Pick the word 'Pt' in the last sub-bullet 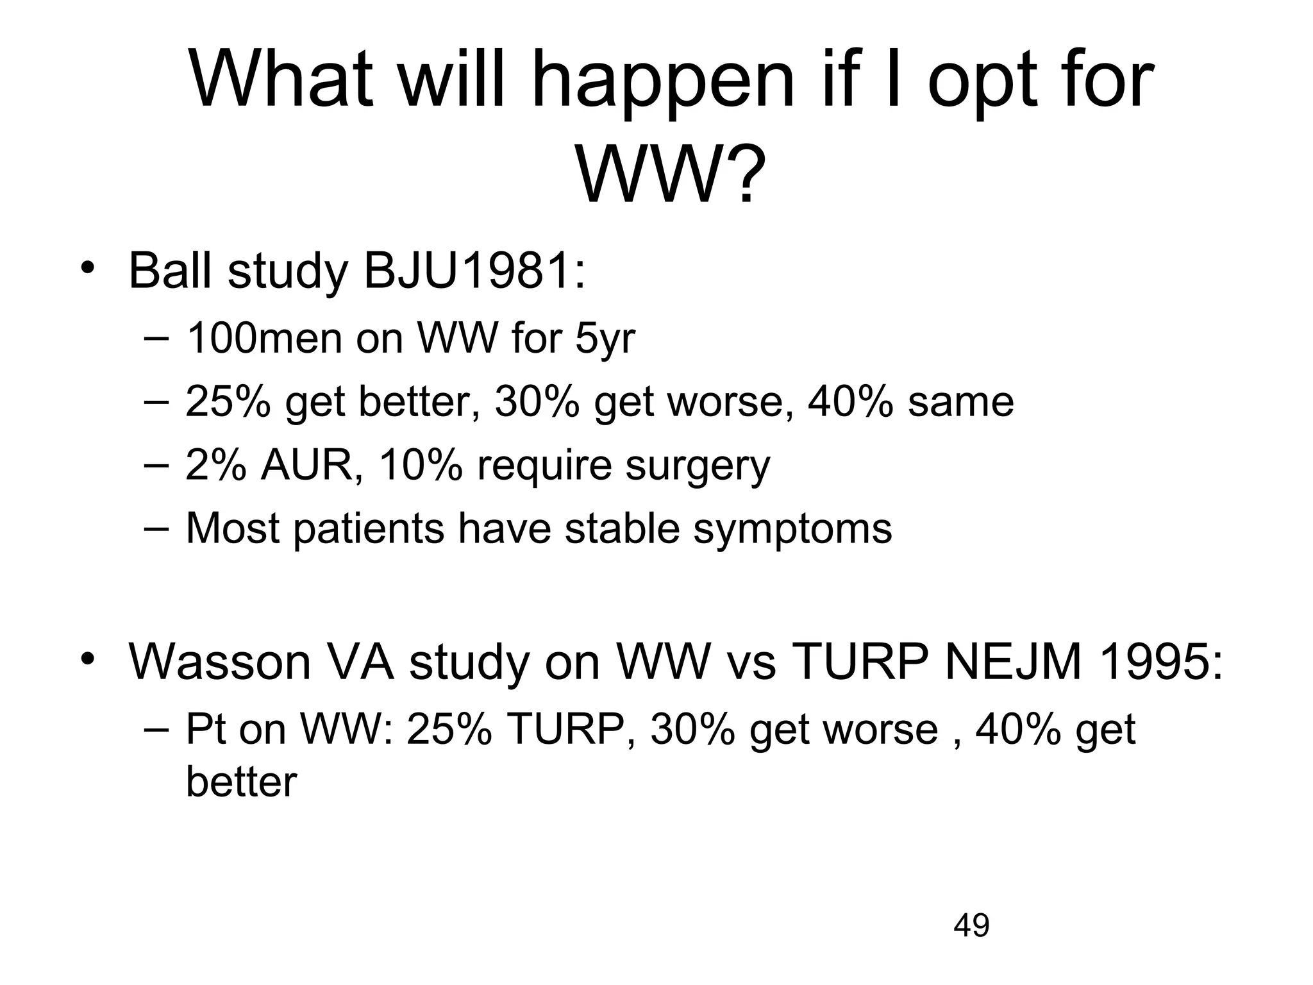coord(205,729)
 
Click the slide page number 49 coord(971,925)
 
